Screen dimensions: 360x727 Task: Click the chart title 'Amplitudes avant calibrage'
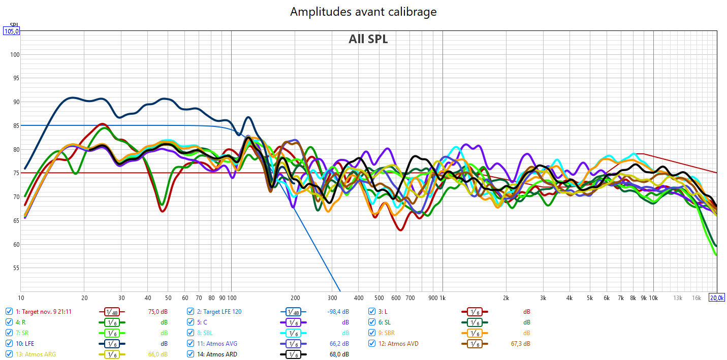[363, 11]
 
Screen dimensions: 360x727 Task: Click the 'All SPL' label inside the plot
[368, 39]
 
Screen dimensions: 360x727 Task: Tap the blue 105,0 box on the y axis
[12, 31]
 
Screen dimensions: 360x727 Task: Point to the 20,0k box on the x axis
[717, 298]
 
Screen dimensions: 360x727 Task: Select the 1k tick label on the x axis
[442, 298]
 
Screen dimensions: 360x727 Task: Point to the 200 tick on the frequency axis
[295, 298]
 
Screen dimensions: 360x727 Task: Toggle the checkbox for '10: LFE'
[9, 344]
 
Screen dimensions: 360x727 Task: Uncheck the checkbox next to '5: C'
[191, 322]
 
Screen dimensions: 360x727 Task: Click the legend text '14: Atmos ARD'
[217, 354]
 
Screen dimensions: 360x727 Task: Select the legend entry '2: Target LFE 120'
[219, 312]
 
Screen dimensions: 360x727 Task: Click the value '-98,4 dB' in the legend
[338, 312]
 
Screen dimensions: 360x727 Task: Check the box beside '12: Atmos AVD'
[372, 344]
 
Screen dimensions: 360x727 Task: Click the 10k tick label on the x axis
[653, 298]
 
